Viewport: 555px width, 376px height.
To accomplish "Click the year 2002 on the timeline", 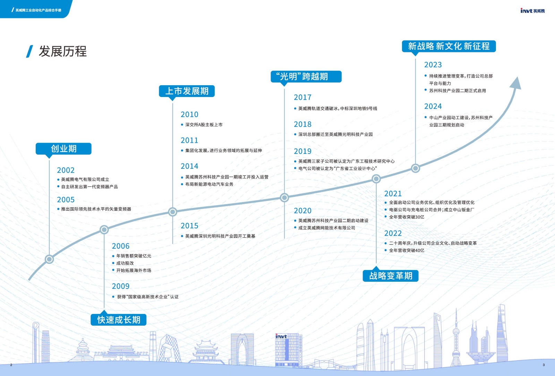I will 66,170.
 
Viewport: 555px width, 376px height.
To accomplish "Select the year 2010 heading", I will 189,114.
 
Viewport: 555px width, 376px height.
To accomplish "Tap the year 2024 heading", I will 433,106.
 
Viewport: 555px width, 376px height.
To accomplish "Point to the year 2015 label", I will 189,226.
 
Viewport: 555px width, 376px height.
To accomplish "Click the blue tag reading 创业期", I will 63,149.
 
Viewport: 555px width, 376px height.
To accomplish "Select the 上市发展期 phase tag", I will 187,91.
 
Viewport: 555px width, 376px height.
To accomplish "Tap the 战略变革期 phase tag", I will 391,276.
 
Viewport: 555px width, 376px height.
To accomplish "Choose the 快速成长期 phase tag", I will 119,320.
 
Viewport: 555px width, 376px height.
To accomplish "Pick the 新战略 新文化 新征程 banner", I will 449,46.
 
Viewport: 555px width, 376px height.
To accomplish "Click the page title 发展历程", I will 62,51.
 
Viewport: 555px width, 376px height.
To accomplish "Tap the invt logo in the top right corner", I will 532,11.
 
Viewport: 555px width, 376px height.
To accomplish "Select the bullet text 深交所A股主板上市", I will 204,125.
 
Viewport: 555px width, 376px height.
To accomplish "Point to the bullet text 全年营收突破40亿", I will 406,251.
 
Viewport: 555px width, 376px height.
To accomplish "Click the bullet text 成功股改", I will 125,263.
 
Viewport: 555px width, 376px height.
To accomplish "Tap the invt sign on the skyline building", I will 281,336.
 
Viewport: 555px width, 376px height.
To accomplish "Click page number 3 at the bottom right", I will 544,365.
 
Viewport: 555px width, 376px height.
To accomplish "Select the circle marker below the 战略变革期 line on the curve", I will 376,179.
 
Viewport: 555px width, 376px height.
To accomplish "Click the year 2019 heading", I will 302,151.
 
